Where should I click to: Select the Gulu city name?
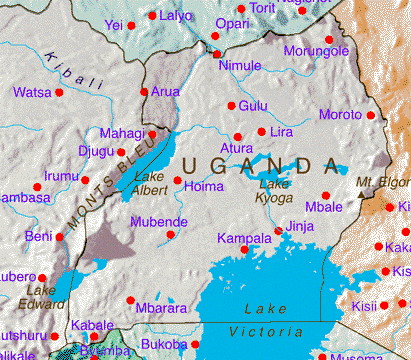(254, 106)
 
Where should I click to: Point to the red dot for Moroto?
(371, 115)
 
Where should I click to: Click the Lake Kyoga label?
(276, 190)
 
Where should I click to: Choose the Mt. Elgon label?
(384, 183)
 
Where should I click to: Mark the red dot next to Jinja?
(278, 232)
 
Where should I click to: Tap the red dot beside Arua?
(145, 92)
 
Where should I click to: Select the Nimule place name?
(240, 66)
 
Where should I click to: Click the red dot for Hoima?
(178, 181)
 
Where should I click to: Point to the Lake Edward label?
(35, 297)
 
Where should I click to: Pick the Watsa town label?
(32, 93)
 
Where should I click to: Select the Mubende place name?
(159, 221)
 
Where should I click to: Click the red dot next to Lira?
(262, 131)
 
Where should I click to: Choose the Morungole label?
(317, 51)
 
